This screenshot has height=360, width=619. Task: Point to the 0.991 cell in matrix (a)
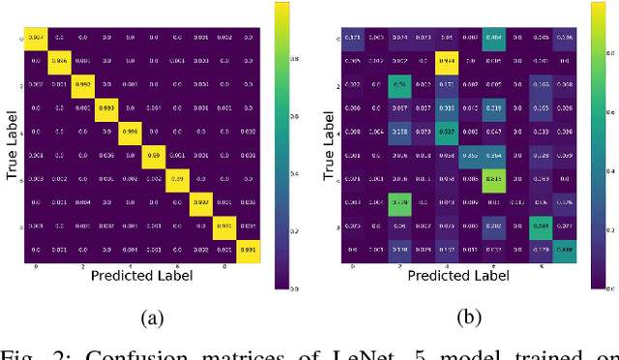[x=249, y=249]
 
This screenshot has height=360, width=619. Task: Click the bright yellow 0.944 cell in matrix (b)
[x=447, y=60]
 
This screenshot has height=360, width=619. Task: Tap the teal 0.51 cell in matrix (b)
[x=399, y=83]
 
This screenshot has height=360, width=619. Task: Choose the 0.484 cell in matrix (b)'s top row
[x=494, y=37]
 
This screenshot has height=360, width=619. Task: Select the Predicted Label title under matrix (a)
[x=142, y=276]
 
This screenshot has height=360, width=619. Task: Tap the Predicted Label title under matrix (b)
[x=458, y=276]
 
